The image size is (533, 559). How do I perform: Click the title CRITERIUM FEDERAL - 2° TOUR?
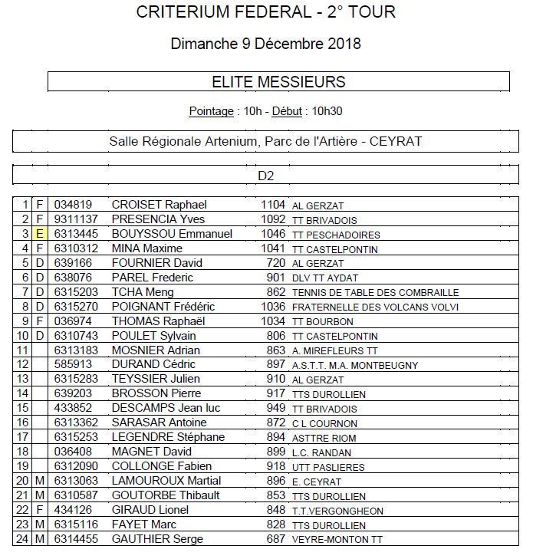266,12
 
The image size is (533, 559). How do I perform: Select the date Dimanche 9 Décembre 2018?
266,44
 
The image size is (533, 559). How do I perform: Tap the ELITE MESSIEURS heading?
278,82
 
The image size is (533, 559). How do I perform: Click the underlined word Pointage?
211,111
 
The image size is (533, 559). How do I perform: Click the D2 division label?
266,176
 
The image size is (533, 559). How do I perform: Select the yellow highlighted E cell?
40,234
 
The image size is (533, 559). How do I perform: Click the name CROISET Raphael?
159,205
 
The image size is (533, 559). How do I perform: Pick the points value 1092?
272,219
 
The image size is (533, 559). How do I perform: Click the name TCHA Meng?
143,292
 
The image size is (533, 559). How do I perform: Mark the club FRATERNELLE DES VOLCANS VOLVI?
375,307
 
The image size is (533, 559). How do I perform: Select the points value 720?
275,263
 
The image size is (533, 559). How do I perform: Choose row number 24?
22,540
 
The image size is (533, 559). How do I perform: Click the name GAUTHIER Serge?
157,540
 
